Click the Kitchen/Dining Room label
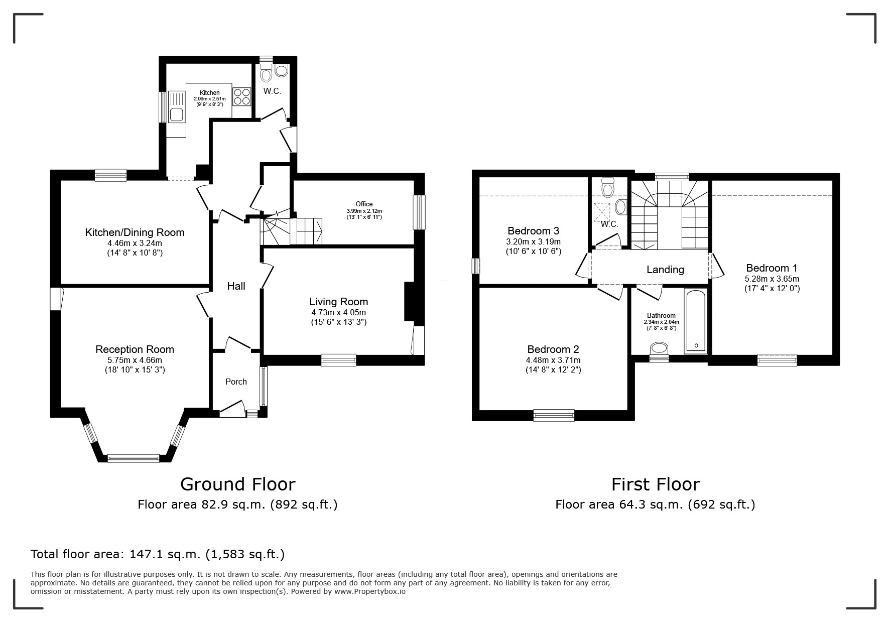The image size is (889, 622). click(135, 232)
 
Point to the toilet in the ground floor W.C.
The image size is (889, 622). click(266, 73)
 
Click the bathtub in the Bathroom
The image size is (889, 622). click(696, 322)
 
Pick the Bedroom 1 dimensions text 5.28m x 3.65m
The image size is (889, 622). click(772, 279)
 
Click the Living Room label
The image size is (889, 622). click(338, 302)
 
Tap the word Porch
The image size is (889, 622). click(236, 382)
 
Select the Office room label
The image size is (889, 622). click(364, 204)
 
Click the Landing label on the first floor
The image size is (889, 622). click(665, 270)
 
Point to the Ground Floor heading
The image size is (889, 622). click(237, 484)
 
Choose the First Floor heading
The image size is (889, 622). click(655, 484)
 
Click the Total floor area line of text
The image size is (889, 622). click(158, 554)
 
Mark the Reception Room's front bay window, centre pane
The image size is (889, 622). click(133, 458)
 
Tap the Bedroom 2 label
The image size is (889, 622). click(553, 349)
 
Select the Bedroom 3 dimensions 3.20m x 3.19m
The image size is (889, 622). click(533, 241)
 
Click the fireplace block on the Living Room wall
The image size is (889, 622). click(409, 301)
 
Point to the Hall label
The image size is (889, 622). click(236, 286)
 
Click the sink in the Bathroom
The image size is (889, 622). click(659, 348)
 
